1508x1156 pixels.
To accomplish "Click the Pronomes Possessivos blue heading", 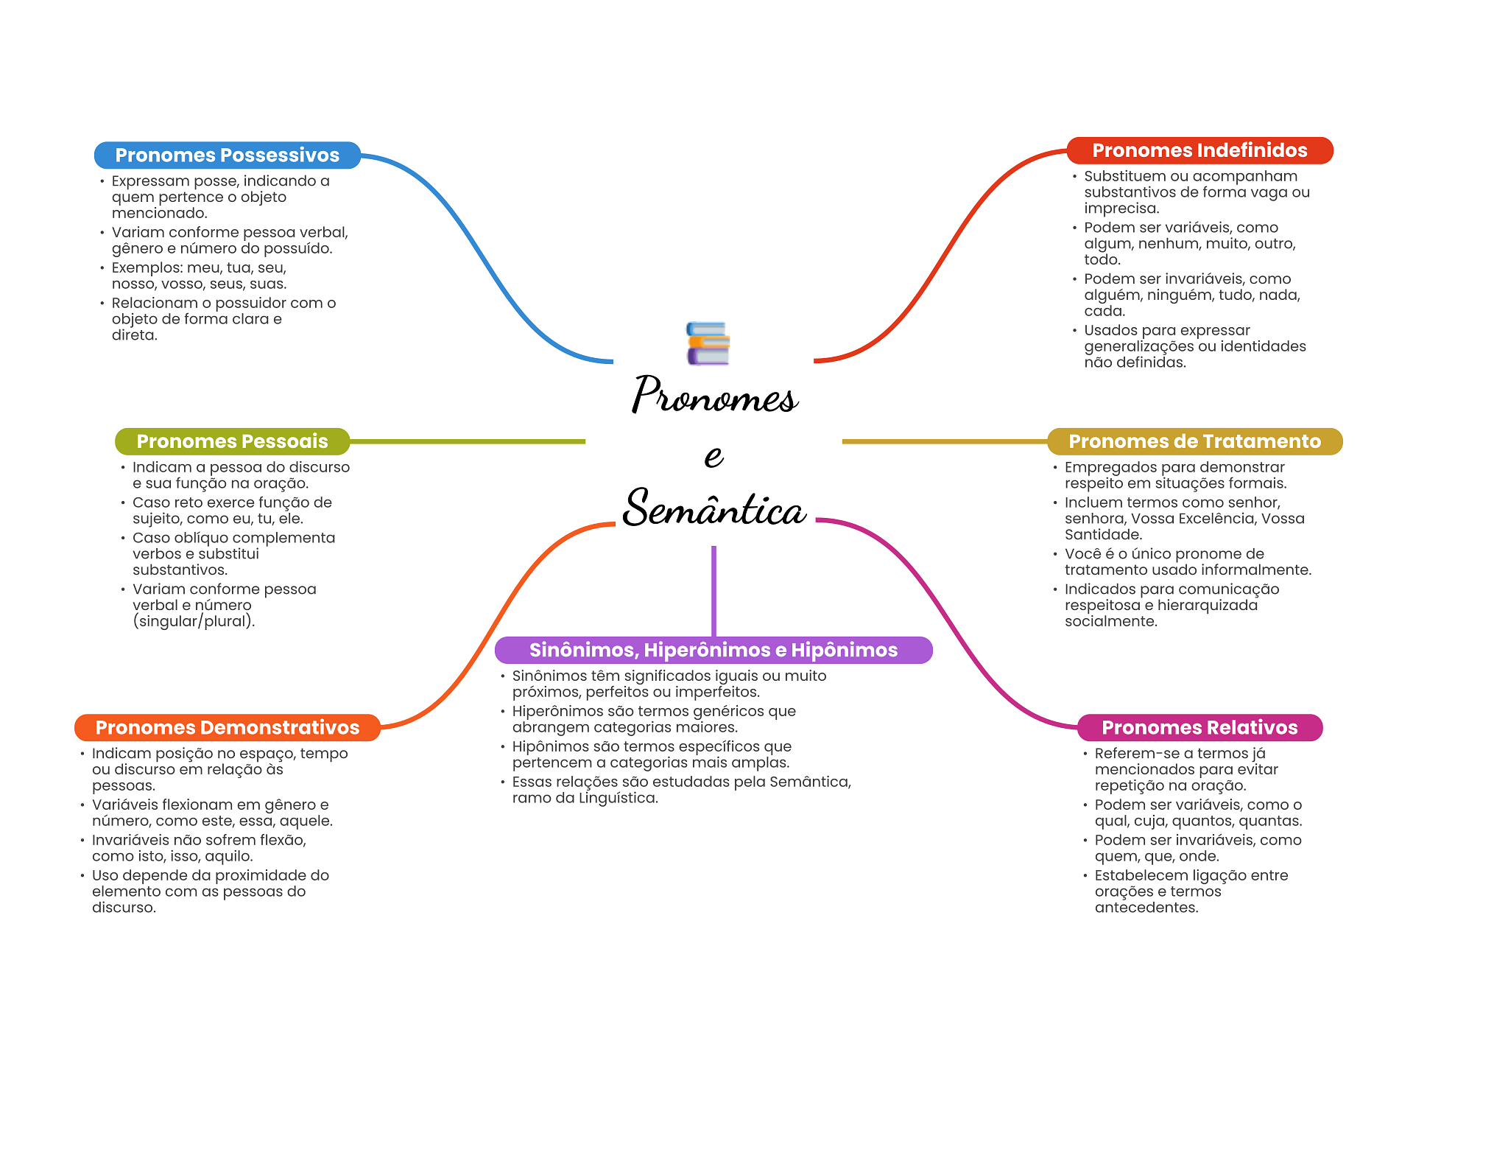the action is (228, 155).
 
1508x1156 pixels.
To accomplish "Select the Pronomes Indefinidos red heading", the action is (1199, 150).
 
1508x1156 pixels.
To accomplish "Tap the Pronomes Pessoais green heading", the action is (232, 441).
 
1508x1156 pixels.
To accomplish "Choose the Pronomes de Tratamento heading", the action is (1194, 441).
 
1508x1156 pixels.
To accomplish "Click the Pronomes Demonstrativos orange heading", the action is (228, 727).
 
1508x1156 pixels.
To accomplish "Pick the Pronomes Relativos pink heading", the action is (1199, 727).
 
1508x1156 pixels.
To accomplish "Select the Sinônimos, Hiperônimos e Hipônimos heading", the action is (714, 650).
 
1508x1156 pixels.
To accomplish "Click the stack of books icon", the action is (708, 343).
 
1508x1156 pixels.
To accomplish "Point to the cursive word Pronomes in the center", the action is (714, 394).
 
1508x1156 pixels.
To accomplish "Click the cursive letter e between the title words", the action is (714, 455).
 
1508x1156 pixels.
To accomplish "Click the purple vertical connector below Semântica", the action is (714, 591).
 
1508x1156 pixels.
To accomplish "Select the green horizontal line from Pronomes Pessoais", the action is (468, 441).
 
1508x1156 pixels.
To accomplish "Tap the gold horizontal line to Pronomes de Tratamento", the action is (945, 441).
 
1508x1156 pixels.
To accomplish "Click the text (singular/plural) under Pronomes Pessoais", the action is (194, 621).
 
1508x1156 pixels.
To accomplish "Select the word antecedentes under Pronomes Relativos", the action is (1146, 908).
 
